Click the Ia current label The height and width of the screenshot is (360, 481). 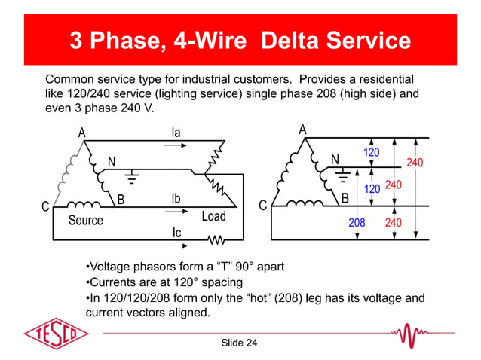[x=176, y=133]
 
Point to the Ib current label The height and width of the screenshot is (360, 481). [x=175, y=199]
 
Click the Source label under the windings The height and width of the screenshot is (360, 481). [x=85, y=221]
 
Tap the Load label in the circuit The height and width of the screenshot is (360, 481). [x=213, y=217]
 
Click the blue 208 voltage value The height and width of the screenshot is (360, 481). [x=357, y=224]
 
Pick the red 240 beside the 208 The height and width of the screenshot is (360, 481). [x=394, y=224]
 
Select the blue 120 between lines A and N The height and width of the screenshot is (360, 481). [x=371, y=153]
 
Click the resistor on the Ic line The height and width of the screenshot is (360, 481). [x=217, y=242]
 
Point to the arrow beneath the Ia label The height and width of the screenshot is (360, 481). [x=173, y=145]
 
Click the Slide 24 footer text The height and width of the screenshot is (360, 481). [x=239, y=343]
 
